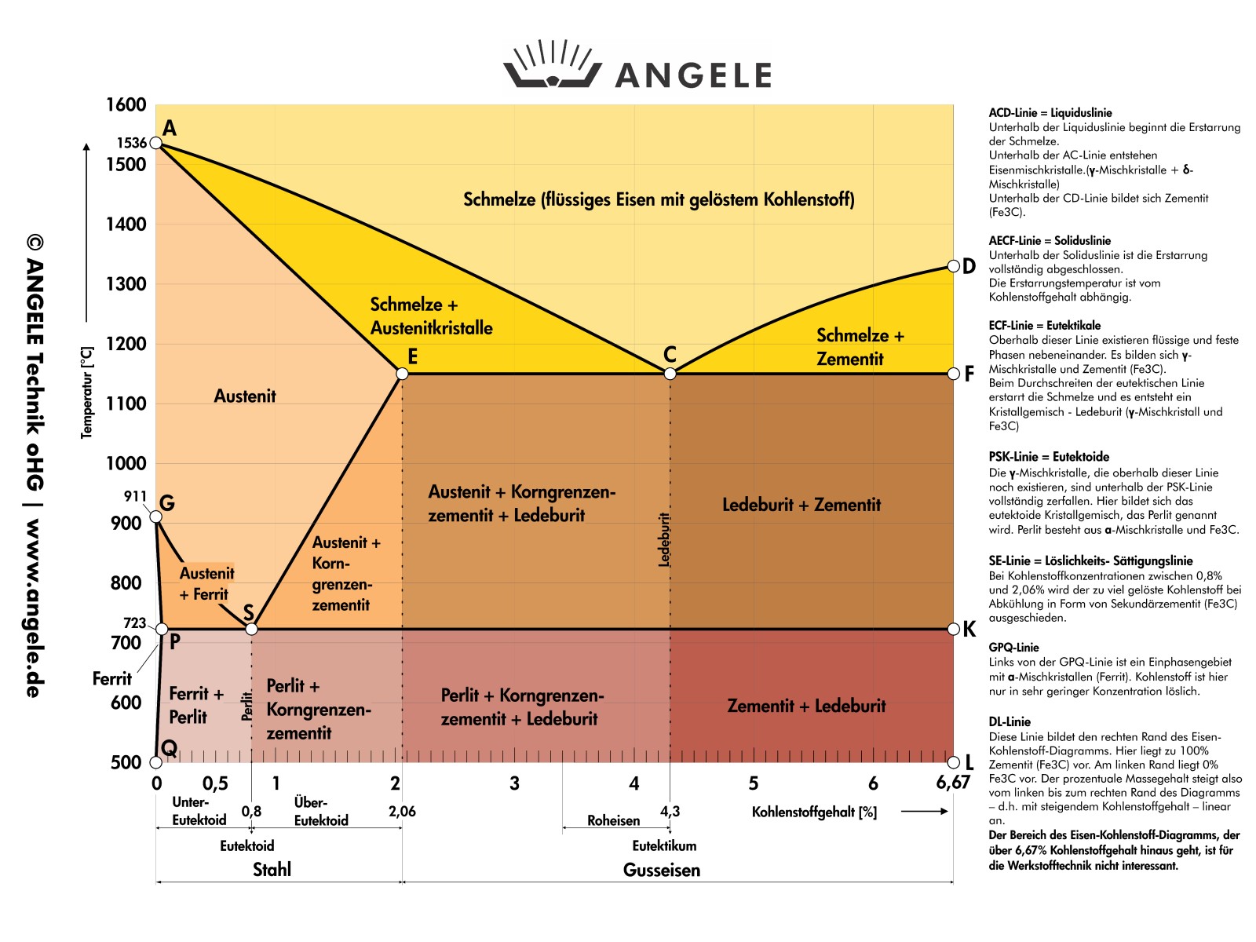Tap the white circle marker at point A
156,143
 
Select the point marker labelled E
402,374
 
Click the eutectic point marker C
670,374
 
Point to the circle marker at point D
953,266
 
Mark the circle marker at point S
251,629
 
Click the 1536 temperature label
132,143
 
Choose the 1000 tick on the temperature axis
126,463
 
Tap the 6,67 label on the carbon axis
953,783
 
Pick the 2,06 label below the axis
402,811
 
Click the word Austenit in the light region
245,396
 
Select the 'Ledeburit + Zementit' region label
801,505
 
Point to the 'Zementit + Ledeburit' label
806,706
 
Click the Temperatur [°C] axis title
87,392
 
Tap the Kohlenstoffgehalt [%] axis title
814,812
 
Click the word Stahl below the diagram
272,870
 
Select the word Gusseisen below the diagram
662,870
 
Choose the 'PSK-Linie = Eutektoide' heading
1049,457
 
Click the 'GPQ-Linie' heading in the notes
1013,648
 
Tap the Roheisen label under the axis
613,820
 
